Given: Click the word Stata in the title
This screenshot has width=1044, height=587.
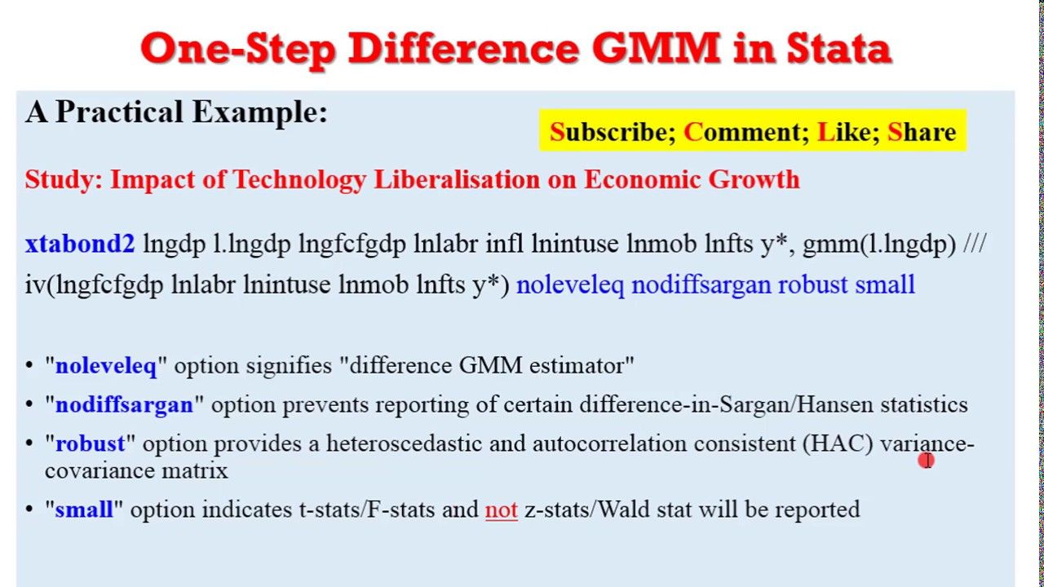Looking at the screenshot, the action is tap(839, 49).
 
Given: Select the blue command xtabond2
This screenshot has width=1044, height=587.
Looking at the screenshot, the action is tap(80, 244).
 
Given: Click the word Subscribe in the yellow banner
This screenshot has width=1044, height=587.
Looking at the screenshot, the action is tap(613, 132).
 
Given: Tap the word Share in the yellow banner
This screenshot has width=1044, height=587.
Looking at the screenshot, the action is tap(922, 132).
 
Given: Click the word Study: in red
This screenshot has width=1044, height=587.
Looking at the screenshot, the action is tap(64, 179).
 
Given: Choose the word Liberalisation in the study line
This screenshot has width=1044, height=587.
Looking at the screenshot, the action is tap(457, 179).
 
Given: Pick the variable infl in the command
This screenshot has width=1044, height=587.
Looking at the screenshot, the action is tap(504, 244).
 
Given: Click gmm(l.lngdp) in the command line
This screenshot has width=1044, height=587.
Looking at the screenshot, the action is tap(879, 244).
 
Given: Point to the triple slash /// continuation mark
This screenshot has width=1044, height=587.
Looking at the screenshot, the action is tap(974, 244).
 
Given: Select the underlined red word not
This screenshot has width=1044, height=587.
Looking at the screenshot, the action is tap(502, 510).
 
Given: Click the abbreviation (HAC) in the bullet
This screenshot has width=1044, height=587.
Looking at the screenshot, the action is tap(838, 444).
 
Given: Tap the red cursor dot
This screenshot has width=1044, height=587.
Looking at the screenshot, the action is tap(926, 461).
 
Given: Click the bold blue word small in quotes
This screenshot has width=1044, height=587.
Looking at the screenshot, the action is tap(84, 510).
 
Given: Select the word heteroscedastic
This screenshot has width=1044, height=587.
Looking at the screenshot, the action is tap(404, 443).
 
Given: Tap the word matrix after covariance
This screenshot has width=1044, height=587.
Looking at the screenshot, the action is tap(195, 470).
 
